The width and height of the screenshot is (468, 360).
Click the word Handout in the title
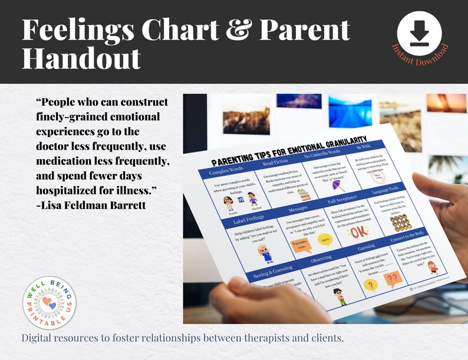(81, 58)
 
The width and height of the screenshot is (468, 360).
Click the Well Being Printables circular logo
(50, 303)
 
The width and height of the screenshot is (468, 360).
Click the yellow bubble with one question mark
(371, 285)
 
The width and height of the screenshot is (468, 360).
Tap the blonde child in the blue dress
(265, 253)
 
